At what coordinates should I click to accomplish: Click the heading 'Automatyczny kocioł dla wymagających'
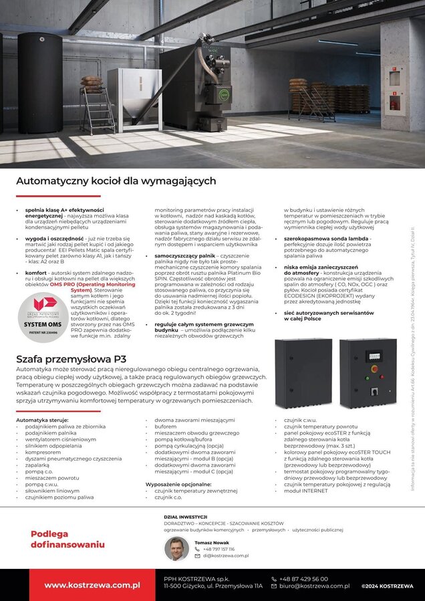click(116, 181)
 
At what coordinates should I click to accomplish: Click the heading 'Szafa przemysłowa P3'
click(72, 359)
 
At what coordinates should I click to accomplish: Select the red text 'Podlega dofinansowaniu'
click(67, 539)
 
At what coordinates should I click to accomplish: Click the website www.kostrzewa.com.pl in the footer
click(92, 585)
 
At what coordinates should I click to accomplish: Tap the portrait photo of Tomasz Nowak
click(176, 549)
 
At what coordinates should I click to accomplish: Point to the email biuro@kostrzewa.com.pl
click(315, 586)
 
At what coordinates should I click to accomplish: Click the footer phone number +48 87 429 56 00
click(304, 578)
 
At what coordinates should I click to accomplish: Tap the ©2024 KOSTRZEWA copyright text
click(387, 586)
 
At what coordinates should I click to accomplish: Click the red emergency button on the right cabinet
click(374, 368)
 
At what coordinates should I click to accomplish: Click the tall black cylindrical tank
click(40, 84)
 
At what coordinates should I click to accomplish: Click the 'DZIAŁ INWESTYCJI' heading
click(186, 517)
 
